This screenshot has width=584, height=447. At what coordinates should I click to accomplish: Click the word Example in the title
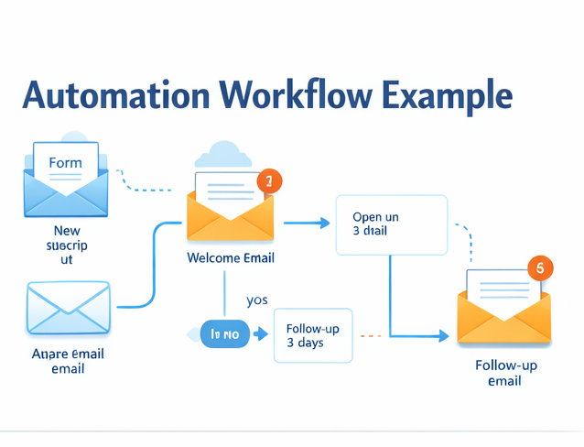[449, 95]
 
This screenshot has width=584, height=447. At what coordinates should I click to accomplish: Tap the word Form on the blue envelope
[65, 163]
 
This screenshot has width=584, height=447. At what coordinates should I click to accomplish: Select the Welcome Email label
[231, 257]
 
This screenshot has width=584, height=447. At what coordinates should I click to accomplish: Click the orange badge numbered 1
[269, 181]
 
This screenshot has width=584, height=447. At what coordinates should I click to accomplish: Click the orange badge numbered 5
[540, 268]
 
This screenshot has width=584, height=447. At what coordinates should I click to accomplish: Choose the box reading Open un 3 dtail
[391, 224]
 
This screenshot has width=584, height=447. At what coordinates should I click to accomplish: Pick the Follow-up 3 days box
[313, 335]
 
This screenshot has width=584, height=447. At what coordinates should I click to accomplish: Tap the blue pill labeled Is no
[224, 334]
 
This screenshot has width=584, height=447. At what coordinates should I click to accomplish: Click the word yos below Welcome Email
[257, 300]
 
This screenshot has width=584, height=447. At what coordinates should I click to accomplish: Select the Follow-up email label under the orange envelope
[504, 373]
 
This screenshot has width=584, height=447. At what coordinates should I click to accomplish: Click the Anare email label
[68, 361]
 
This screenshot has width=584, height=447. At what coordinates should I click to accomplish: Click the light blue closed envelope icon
[69, 308]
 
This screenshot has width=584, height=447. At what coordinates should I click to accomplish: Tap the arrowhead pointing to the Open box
[323, 223]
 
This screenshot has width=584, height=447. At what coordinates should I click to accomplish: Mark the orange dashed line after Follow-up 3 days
[371, 336]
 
